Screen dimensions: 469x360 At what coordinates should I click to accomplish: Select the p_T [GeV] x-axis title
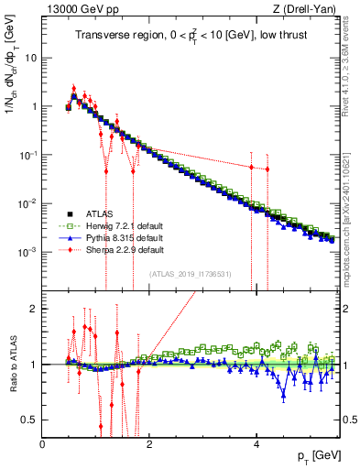click(316, 454)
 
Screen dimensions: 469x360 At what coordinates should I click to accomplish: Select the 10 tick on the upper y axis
click(30, 58)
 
